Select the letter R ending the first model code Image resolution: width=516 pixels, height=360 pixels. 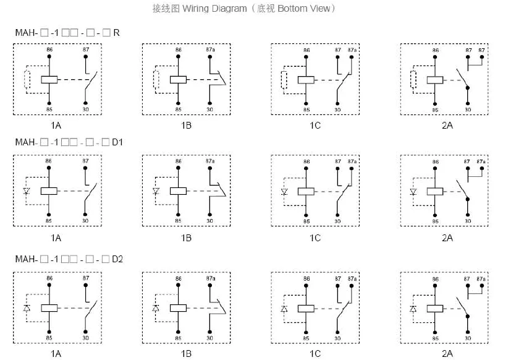[x=117, y=33]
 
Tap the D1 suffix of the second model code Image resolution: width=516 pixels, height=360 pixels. [x=117, y=142]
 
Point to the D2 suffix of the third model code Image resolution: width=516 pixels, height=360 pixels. [x=117, y=259]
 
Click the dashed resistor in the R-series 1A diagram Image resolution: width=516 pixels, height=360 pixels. [x=27, y=79]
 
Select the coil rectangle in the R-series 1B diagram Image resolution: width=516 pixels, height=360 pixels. [x=178, y=80]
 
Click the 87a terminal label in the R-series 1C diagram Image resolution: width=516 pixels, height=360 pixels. [x=352, y=50]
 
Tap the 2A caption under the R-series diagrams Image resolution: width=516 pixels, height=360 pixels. [x=447, y=126]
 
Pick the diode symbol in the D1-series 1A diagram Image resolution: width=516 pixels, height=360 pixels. [x=27, y=191]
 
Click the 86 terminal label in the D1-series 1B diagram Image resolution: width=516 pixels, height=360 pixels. [x=179, y=161]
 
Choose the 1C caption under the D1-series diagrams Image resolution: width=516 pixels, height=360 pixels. [x=315, y=238]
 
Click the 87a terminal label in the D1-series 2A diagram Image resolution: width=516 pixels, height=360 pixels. [x=481, y=161]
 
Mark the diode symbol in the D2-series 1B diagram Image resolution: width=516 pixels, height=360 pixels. [x=156, y=308]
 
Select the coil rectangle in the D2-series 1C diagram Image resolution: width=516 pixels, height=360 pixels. [x=306, y=309]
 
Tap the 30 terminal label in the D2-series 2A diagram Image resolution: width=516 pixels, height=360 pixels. [x=468, y=338]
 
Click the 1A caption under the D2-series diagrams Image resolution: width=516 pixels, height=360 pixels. [x=56, y=354]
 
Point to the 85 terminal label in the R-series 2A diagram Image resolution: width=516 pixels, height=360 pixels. [x=435, y=110]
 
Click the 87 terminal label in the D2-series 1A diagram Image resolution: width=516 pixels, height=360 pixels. [x=86, y=278]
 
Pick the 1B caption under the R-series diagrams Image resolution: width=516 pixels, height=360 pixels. [x=186, y=126]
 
